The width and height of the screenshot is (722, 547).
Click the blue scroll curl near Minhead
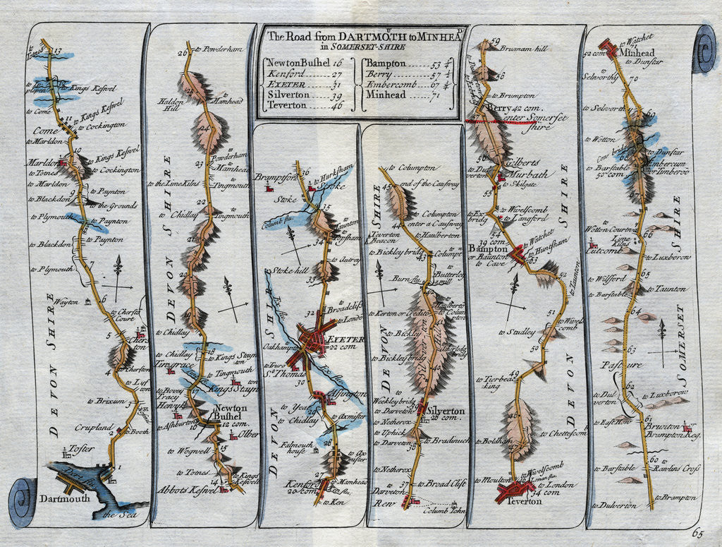(x=704, y=51)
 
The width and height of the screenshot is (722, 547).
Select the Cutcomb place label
(x=604, y=249)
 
